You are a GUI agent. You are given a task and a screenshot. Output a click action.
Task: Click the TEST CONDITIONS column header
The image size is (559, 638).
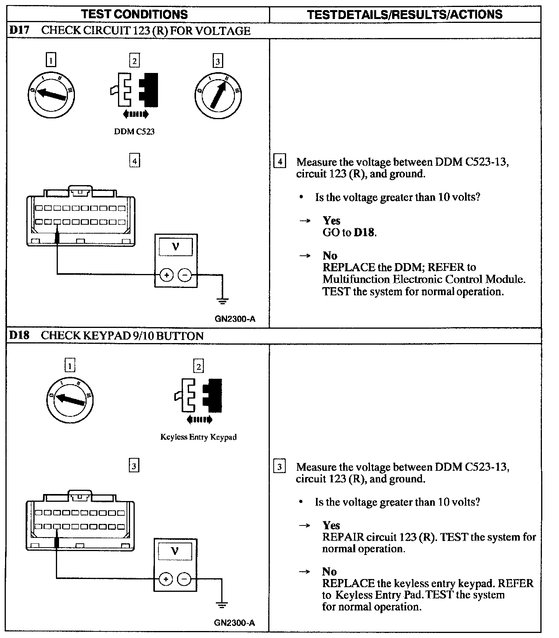(135, 14)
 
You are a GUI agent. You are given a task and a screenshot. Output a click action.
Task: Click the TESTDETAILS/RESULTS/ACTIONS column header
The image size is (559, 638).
(404, 14)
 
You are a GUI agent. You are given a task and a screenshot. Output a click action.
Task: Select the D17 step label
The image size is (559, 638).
(19, 31)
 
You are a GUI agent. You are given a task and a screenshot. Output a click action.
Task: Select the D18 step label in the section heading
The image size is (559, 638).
(19, 335)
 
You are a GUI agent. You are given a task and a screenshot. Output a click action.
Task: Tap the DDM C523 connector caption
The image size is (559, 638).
(134, 132)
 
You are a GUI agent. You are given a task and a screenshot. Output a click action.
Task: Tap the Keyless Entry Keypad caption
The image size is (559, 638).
(198, 437)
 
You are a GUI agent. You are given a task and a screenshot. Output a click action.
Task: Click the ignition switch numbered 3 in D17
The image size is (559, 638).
(218, 95)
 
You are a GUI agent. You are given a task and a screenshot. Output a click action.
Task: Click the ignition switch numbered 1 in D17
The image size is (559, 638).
(51, 95)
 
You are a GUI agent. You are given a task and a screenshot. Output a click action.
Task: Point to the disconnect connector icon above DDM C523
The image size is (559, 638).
(134, 90)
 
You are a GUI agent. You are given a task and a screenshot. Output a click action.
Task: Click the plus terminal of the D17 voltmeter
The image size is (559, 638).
(167, 275)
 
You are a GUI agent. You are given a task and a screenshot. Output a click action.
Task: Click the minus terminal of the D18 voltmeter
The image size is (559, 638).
(184, 580)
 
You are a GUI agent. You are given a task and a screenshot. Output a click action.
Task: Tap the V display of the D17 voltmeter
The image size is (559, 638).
(175, 246)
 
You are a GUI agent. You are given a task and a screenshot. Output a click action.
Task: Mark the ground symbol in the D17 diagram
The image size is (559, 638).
(223, 300)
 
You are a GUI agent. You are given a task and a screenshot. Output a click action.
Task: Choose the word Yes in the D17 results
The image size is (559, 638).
(332, 220)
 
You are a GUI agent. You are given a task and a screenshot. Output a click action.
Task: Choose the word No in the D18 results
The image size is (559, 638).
(329, 571)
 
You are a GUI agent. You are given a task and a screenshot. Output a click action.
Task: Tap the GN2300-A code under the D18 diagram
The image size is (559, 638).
(234, 623)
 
